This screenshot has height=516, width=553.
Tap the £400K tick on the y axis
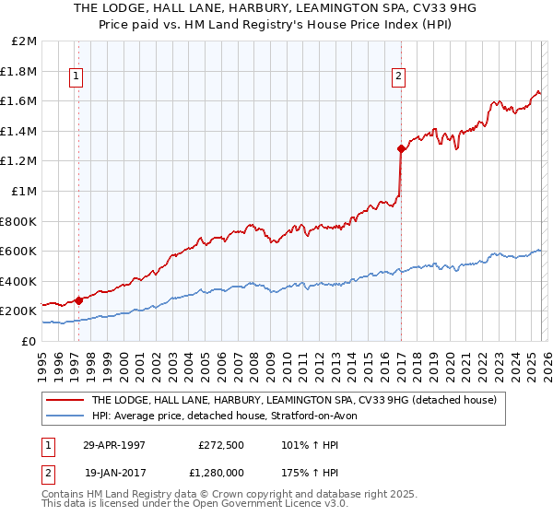click(19, 281)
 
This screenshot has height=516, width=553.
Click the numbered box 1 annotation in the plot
click(76, 77)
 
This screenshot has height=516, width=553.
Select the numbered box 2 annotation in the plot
click(398, 77)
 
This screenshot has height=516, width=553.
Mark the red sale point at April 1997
click(79, 299)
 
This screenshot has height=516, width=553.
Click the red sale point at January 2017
click(401, 148)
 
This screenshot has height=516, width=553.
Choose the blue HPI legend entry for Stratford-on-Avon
click(229, 416)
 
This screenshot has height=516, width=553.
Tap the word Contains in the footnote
click(65, 495)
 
